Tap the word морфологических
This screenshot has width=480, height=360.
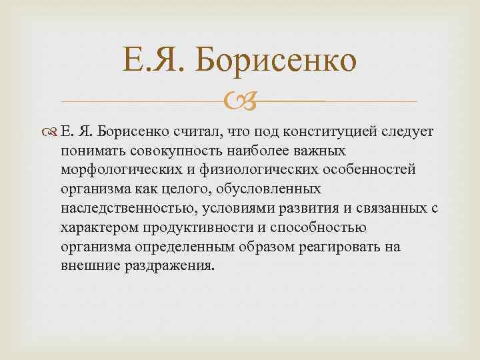(118, 169)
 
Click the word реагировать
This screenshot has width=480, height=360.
(337, 247)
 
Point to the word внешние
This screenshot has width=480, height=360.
(87, 266)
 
